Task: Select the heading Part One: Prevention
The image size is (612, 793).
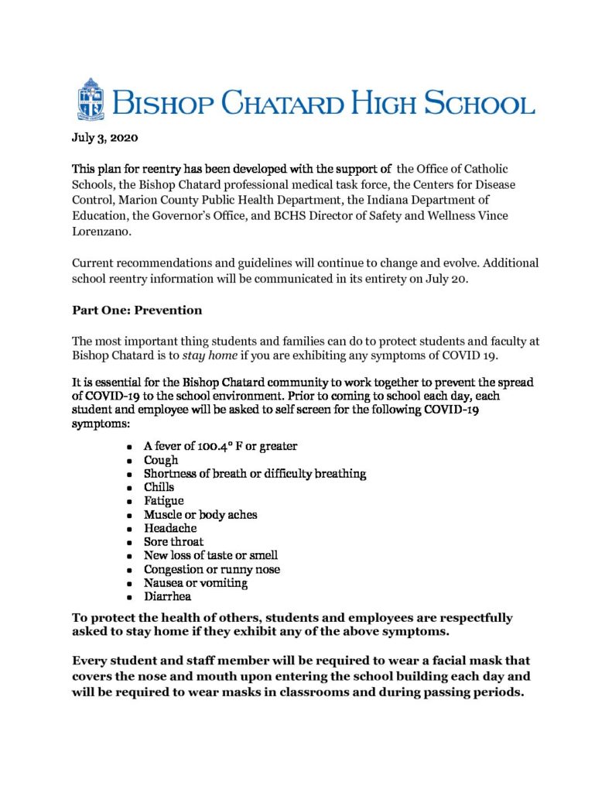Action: [x=137, y=310]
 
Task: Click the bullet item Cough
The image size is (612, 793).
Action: [x=161, y=460]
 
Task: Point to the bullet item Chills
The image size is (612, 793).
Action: [x=159, y=487]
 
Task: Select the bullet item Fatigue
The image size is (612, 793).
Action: [x=164, y=501]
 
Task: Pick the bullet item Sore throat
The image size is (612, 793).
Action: [x=173, y=542]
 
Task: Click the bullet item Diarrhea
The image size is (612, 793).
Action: [x=167, y=597]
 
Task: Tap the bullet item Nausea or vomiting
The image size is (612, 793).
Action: [x=196, y=583]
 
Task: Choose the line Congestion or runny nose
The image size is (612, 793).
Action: [x=212, y=570]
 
